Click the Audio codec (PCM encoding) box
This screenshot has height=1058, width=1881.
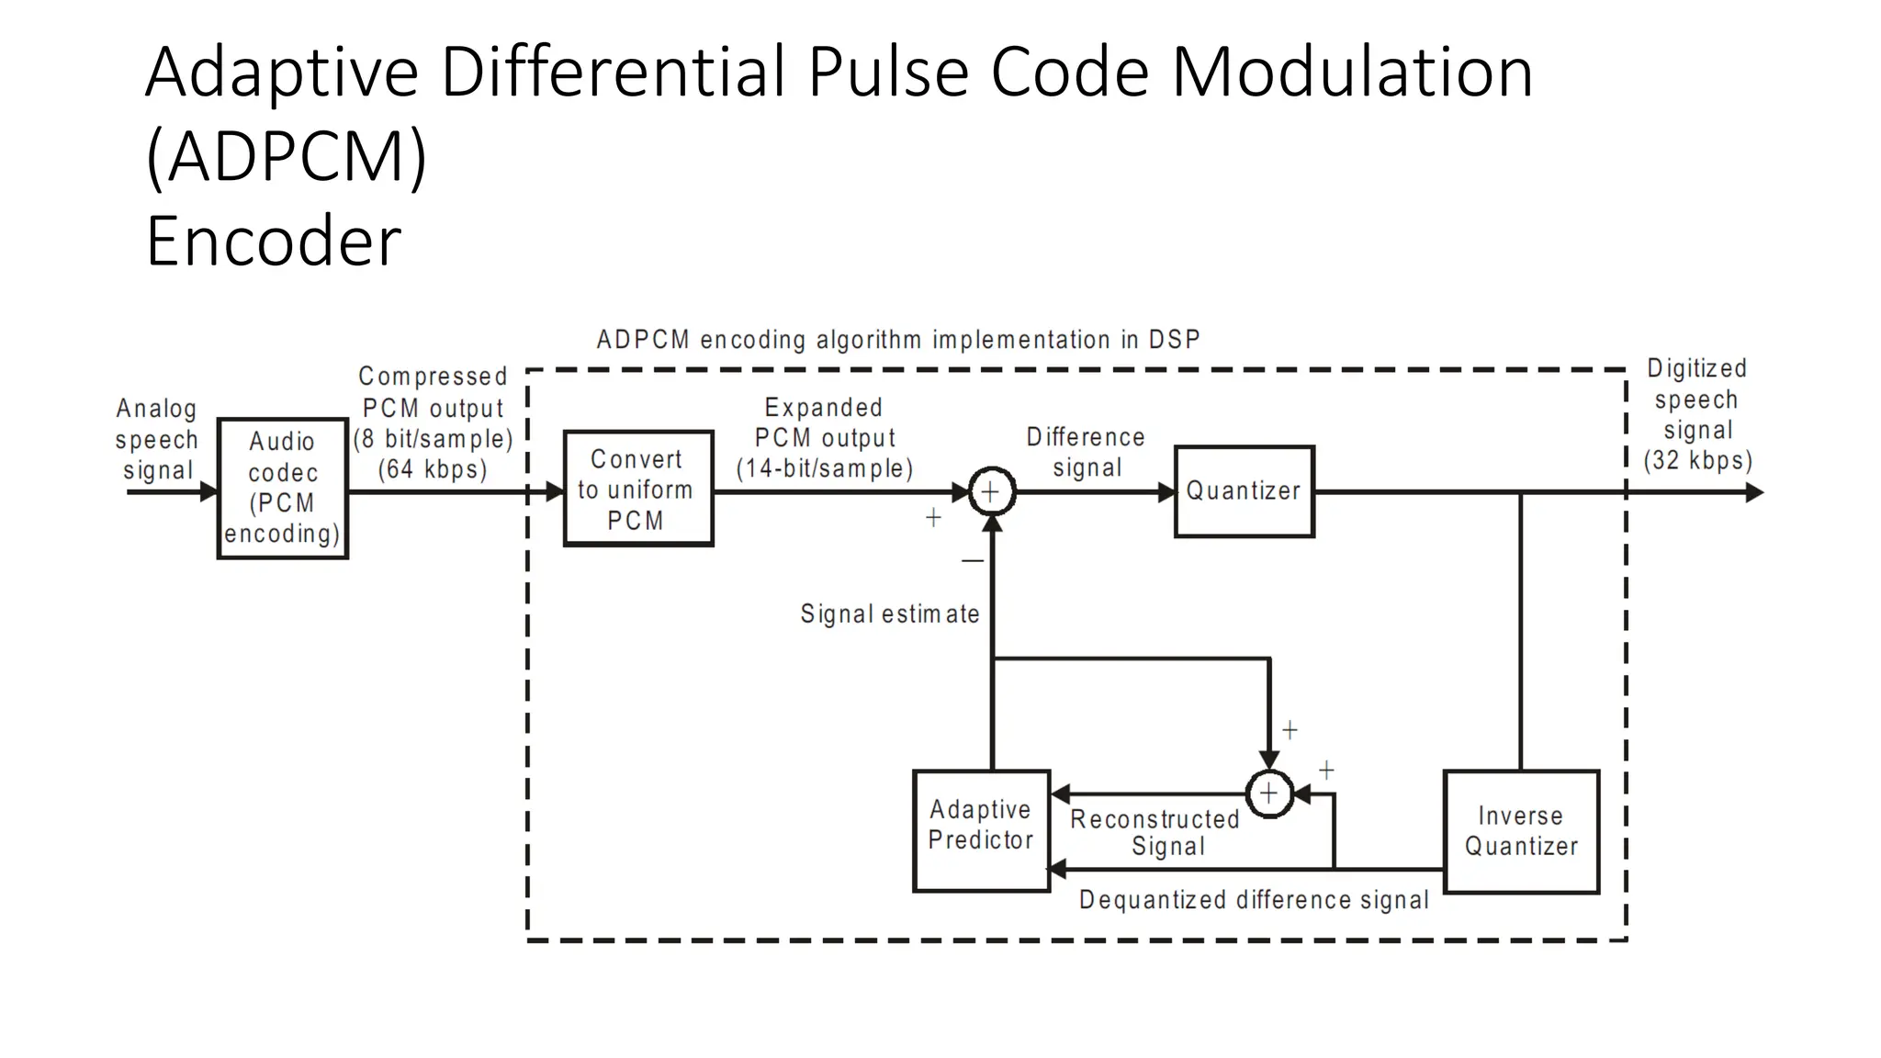[283, 488]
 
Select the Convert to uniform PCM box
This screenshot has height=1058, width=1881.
[638, 489]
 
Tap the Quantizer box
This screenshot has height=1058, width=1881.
[1244, 491]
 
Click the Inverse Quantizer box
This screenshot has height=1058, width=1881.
[1521, 831]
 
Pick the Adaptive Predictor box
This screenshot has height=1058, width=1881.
[981, 830]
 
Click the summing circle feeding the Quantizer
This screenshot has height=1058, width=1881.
[992, 491]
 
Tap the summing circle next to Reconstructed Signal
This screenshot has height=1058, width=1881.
[1268, 793]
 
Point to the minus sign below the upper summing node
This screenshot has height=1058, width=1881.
[973, 560]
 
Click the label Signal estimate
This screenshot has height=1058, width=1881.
[889, 613]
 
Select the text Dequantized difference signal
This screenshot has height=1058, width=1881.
[1253, 900]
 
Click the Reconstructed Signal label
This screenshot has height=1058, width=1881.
[1155, 832]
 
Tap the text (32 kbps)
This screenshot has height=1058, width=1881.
[1697, 460]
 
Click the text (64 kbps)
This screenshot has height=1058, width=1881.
[433, 469]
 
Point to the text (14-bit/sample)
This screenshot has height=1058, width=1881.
[824, 468]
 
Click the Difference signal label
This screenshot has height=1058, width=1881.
[1086, 452]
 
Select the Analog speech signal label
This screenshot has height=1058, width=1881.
[157, 439]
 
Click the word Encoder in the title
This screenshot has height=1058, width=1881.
[273, 241]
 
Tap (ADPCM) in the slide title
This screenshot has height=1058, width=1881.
[286, 156]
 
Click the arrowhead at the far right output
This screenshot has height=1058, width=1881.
[1753, 492]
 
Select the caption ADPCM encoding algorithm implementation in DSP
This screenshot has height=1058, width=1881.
[897, 340]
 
